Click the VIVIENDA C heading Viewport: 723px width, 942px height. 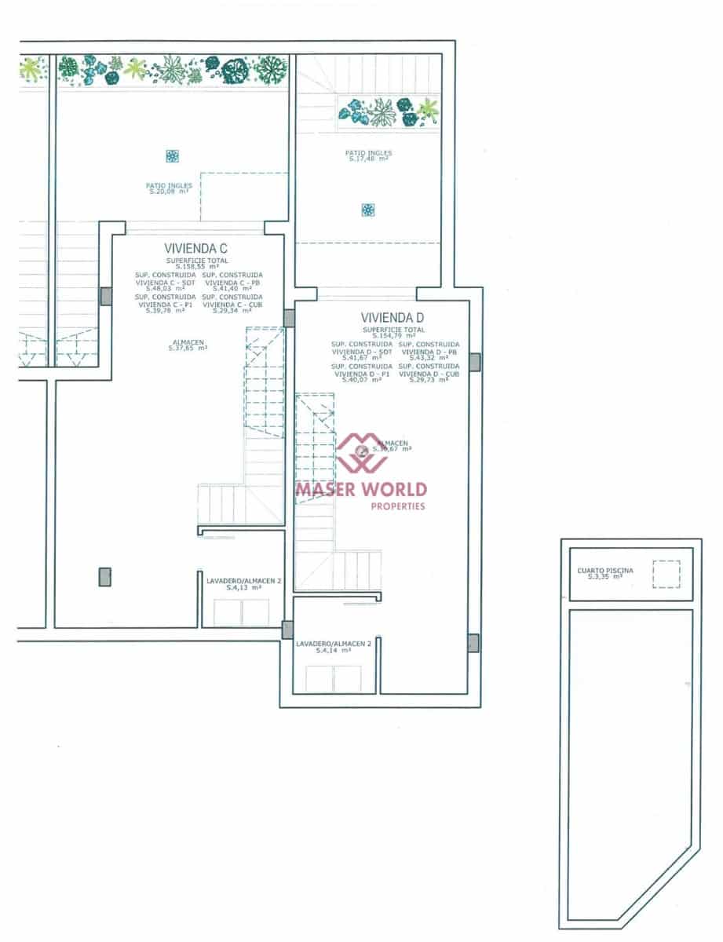click(195, 248)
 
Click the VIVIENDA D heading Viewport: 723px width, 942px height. click(393, 318)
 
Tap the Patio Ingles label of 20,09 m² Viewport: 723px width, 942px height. click(169, 188)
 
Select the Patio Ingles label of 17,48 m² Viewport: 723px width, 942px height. click(368, 155)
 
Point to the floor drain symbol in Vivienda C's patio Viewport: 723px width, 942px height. click(172, 156)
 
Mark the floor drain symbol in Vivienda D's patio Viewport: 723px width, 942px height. click(367, 210)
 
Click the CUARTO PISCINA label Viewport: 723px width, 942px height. click(604, 571)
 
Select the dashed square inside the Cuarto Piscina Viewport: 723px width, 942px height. click(666, 574)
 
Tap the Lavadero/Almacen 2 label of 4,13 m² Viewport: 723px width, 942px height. click(243, 583)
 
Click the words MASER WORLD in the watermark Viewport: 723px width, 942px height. click(361, 490)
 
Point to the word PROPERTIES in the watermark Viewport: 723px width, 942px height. click(397, 506)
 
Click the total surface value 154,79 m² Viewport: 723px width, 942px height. click(394, 336)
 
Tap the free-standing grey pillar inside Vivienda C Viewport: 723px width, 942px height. click(105, 577)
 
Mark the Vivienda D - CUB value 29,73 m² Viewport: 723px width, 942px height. click(429, 380)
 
